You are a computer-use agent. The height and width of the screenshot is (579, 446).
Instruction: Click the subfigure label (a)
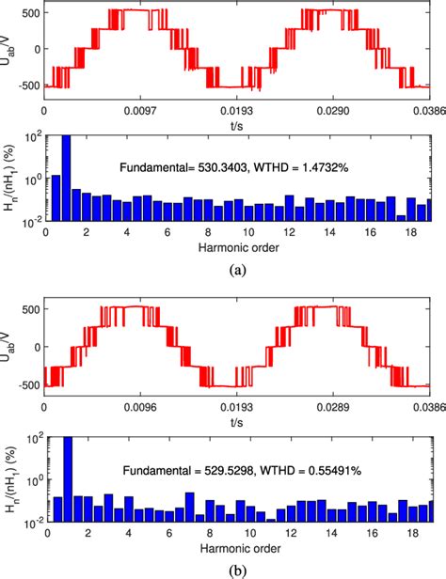click(x=238, y=269)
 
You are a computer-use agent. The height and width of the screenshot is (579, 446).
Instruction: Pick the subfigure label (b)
click(x=238, y=568)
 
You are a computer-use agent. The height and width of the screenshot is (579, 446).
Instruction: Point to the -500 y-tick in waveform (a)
click(x=27, y=86)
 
